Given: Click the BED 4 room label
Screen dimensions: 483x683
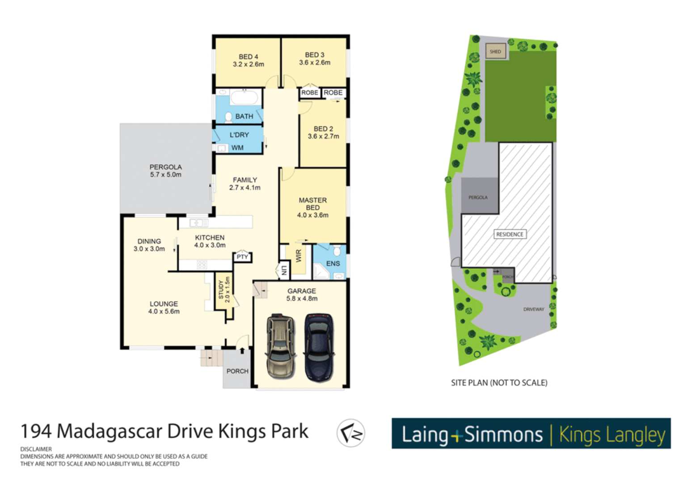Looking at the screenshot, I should pos(248,57).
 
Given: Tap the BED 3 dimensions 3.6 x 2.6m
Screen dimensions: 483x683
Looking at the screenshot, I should pos(315,63).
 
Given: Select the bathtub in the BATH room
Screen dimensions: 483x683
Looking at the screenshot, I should pos(244,97).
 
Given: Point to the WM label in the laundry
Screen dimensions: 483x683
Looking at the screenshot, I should pos(237,148).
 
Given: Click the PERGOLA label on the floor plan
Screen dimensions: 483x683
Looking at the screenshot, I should pos(165,167).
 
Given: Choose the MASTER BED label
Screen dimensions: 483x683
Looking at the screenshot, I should pos(312,204).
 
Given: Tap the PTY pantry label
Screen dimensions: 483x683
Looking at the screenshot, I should pos(242,257).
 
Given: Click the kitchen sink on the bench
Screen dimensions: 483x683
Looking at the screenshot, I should pos(198,222).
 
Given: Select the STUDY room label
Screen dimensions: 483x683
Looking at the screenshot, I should pos(221,290).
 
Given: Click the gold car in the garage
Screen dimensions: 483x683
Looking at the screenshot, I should pos(280,347).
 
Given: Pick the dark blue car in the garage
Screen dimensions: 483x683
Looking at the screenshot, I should pos(319,347).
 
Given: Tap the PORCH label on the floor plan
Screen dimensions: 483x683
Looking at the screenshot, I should pos(237,371).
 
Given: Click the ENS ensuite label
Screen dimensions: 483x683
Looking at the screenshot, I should pos(333,263).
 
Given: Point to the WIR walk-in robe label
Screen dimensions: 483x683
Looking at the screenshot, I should pos(299,256).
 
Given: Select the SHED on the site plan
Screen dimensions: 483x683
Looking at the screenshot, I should pos(495,51).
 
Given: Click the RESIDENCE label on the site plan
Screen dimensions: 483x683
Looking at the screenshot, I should pos(510,234).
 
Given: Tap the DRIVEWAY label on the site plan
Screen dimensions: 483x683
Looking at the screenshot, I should pos(534,309).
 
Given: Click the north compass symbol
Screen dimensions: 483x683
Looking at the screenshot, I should pos(351,433).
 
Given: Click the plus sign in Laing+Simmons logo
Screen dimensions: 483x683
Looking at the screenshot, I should pos(456,435).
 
